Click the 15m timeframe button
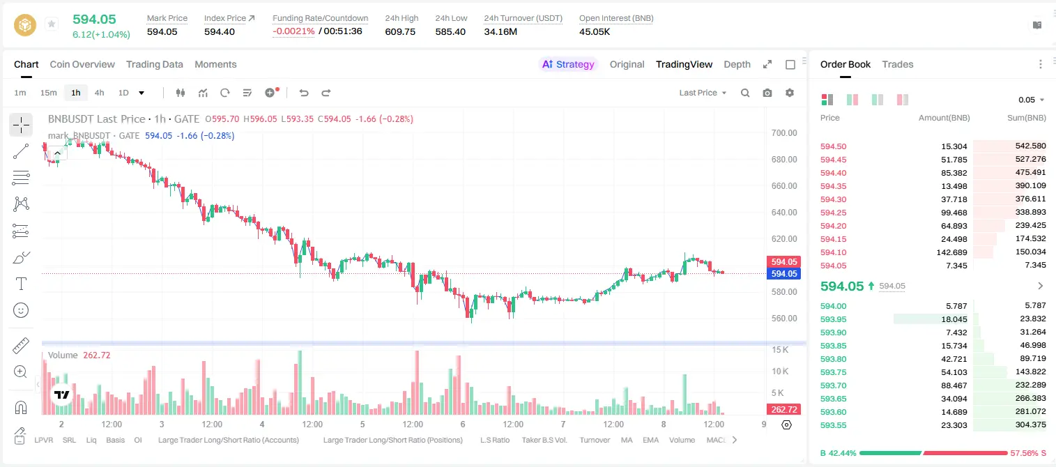[x=48, y=93]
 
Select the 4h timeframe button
[x=99, y=93]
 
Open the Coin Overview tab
[x=82, y=64]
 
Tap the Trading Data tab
[x=154, y=64]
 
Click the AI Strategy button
[x=568, y=64]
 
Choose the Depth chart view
[x=737, y=64]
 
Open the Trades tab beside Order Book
[x=898, y=64]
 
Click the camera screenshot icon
[x=767, y=93]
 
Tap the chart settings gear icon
[x=790, y=93]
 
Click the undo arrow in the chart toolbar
[x=304, y=93]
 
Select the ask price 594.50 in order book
[x=833, y=146]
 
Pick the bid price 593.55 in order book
[x=833, y=425]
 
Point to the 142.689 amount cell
[x=951, y=252]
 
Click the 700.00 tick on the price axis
[x=784, y=133]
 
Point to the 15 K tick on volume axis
[x=780, y=350]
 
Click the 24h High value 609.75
[x=400, y=31]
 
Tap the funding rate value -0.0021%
[x=293, y=31]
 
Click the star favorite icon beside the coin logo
[x=52, y=24]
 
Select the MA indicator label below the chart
[x=627, y=440]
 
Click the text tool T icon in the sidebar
[x=21, y=284]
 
